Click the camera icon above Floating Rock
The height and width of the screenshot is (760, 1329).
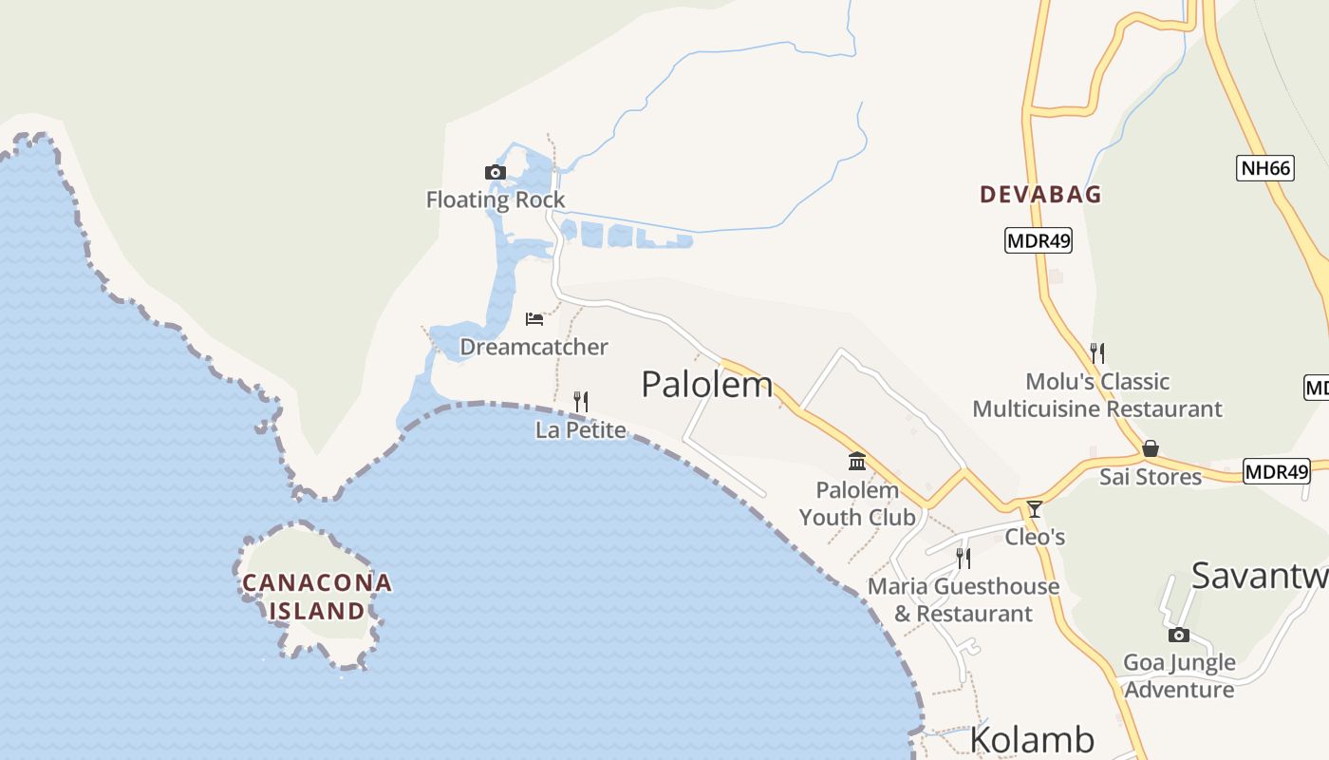pyautogui.click(x=495, y=172)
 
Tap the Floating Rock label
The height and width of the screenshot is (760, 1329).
pyautogui.click(x=495, y=199)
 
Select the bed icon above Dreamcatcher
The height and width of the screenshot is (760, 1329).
pyautogui.click(x=534, y=318)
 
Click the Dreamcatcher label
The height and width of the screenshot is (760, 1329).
pyautogui.click(x=533, y=347)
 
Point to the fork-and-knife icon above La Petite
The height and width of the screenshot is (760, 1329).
pyautogui.click(x=581, y=402)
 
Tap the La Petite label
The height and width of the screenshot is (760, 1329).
pyautogui.click(x=581, y=430)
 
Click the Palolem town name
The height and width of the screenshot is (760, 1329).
pyautogui.click(x=706, y=385)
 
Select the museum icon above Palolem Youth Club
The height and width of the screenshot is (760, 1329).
pyautogui.click(x=857, y=462)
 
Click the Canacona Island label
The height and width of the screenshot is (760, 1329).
pyautogui.click(x=316, y=596)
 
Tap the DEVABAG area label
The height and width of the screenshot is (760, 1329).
pyautogui.click(x=1040, y=195)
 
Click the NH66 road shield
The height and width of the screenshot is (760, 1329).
pyautogui.click(x=1266, y=169)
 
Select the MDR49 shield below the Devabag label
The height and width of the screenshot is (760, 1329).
pyautogui.click(x=1039, y=240)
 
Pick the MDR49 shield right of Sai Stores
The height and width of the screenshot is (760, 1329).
pyautogui.click(x=1276, y=471)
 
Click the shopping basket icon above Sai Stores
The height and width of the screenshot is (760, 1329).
pyautogui.click(x=1151, y=447)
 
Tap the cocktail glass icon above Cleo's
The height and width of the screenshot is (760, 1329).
pyautogui.click(x=1035, y=509)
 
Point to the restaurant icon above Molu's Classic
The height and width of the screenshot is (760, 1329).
pyautogui.click(x=1097, y=353)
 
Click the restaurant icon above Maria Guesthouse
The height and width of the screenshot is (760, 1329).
pyautogui.click(x=963, y=558)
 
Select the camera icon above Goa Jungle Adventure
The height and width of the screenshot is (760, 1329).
pyautogui.click(x=1179, y=635)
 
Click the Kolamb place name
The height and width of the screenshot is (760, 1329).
pyautogui.click(x=1032, y=740)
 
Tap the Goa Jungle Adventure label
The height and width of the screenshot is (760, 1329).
pyautogui.click(x=1179, y=675)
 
